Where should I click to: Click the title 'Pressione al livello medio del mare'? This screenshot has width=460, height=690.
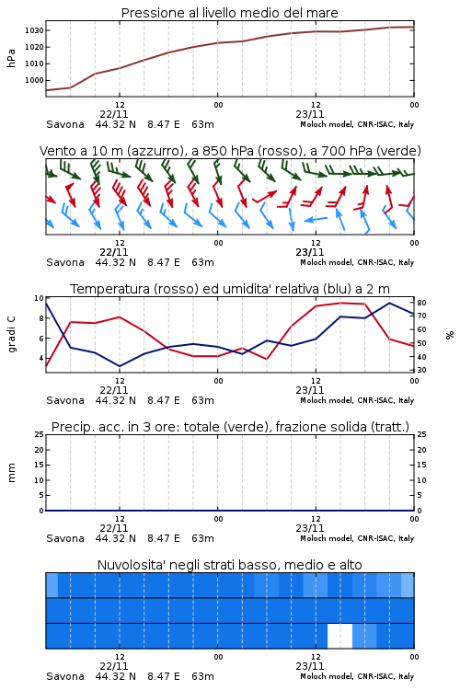pyautogui.click(x=229, y=13)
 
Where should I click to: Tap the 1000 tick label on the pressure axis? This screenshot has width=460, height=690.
pyautogui.click(x=34, y=80)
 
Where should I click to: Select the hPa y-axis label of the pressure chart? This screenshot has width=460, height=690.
pyautogui.click(x=11, y=58)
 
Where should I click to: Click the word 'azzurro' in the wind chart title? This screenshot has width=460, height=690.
pyautogui.click(x=155, y=151)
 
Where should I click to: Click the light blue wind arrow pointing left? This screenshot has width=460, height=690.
pyautogui.click(x=316, y=219)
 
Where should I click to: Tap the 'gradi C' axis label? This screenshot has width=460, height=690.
pyautogui.click(x=11, y=334)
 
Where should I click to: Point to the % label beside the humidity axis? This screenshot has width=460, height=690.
pyautogui.click(x=450, y=335)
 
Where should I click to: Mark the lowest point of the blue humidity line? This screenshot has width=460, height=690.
pyautogui.click(x=120, y=366)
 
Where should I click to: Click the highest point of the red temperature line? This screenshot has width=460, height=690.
pyautogui.click(x=340, y=303)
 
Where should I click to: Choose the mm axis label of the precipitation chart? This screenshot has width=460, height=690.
pyautogui.click(x=11, y=473)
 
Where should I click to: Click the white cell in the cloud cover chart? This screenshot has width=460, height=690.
pyautogui.click(x=339, y=636)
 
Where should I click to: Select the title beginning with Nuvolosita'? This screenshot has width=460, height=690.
pyautogui.click(x=229, y=565)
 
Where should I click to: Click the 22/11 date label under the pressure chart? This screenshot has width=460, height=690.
pyautogui.click(x=114, y=114)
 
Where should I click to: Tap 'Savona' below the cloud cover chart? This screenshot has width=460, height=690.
pyautogui.click(x=65, y=676)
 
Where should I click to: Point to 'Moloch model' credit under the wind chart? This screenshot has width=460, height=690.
pyautogui.click(x=327, y=262)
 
